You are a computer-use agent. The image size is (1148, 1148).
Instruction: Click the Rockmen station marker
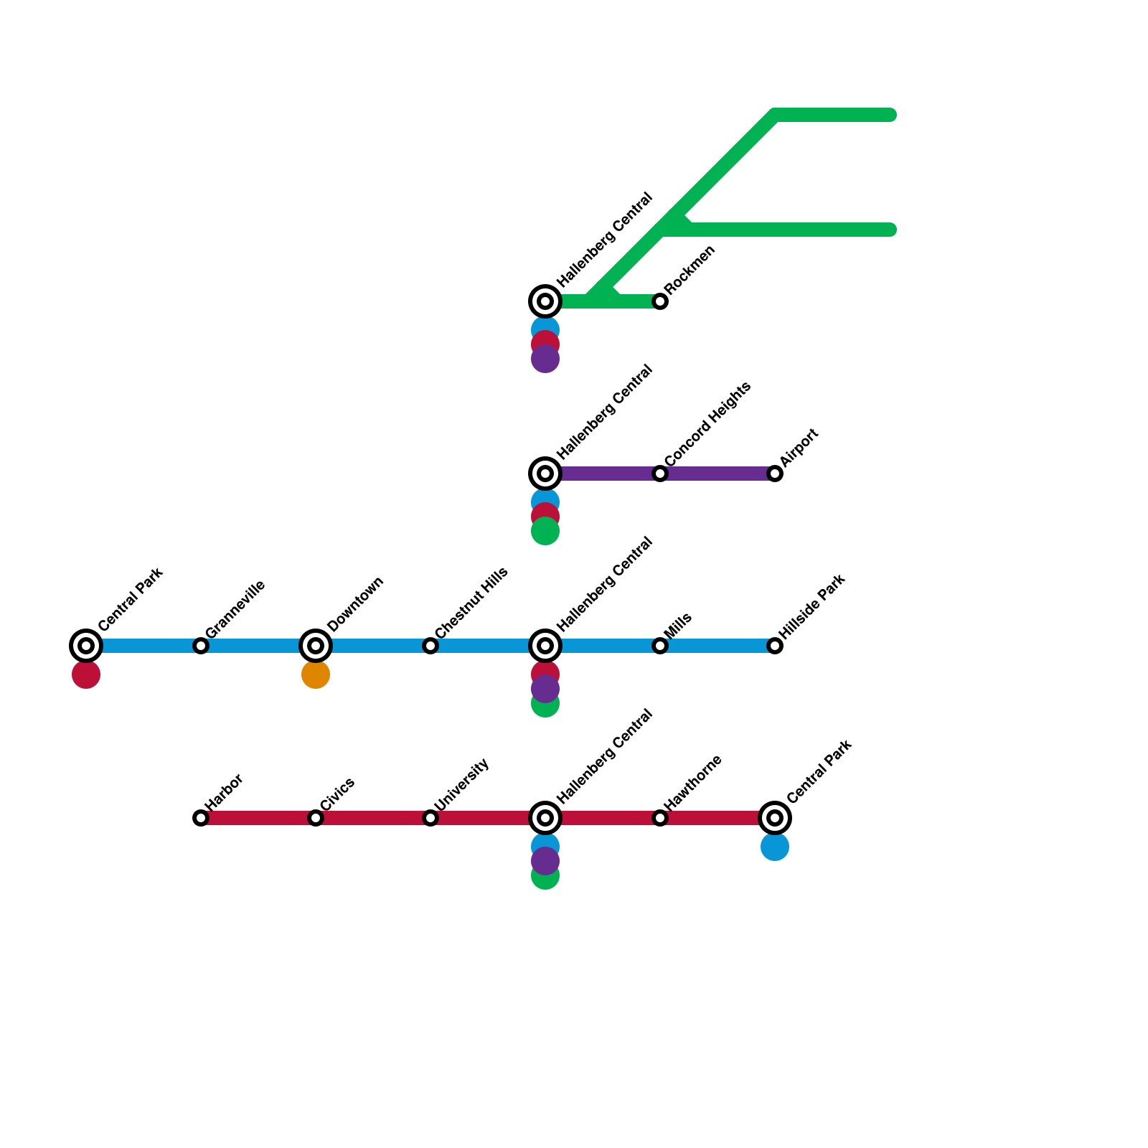[x=660, y=301]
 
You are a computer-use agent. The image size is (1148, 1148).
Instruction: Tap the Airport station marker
[x=775, y=474]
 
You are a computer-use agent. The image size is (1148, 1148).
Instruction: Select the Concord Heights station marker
[x=660, y=474]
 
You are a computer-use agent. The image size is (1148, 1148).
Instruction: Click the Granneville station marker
[x=201, y=646]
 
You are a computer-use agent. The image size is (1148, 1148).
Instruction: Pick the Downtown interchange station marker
[x=316, y=646]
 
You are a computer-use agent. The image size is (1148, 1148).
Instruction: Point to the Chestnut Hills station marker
[x=430, y=646]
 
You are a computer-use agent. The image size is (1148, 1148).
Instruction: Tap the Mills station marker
[x=660, y=646]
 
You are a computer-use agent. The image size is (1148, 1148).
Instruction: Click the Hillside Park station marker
[x=775, y=646]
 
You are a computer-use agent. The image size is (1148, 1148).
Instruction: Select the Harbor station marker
[x=201, y=818]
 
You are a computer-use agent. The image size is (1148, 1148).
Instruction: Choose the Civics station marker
[x=316, y=818]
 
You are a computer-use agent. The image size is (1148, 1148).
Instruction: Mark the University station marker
[x=430, y=818]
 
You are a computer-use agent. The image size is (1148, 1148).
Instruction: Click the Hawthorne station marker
[x=660, y=818]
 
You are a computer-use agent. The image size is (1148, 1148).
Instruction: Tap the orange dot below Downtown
[x=316, y=674]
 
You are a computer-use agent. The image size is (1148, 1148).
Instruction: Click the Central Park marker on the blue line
[x=86, y=646]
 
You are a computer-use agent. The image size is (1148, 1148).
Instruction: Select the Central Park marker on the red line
[x=775, y=818]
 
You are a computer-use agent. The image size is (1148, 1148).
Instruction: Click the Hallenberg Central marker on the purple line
[x=545, y=474]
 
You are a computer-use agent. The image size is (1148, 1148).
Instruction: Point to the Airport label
[x=799, y=448]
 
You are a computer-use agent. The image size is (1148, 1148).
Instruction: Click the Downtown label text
[x=356, y=604]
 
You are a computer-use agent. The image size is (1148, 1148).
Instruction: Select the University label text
[x=463, y=786]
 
